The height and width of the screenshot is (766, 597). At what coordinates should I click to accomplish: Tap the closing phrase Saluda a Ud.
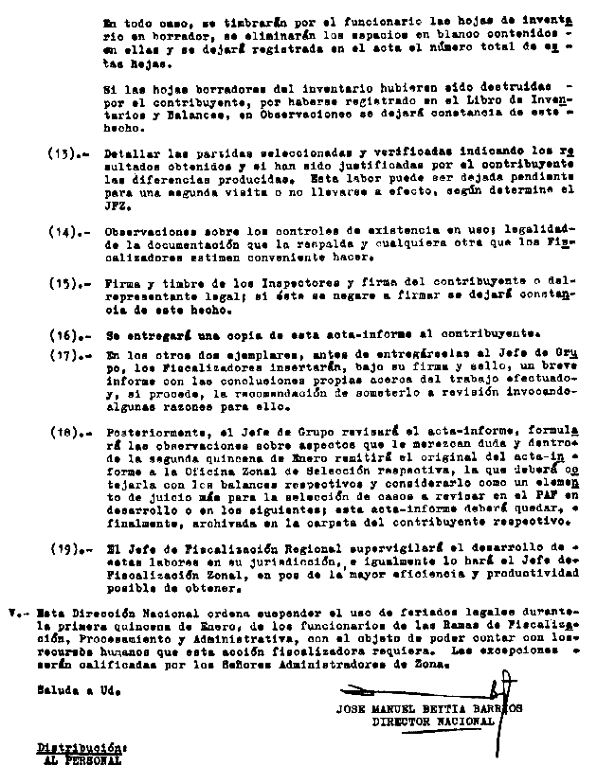[x=59, y=692]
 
